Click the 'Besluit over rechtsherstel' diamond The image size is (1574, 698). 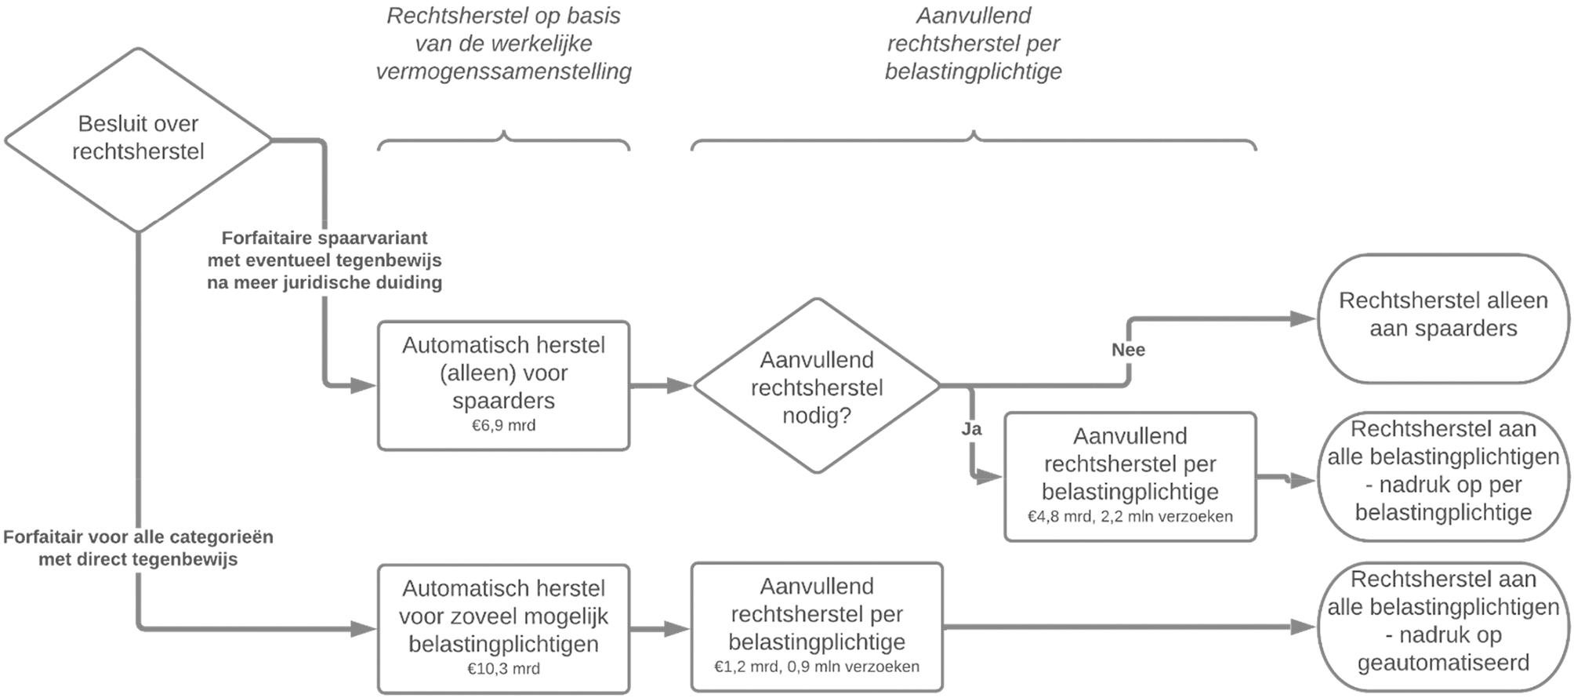pyautogui.click(x=138, y=139)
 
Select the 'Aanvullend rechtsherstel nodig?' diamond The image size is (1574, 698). pyautogui.click(x=817, y=386)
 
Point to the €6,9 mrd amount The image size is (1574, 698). pyautogui.click(x=503, y=426)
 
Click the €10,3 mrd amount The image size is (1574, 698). pyautogui.click(x=503, y=669)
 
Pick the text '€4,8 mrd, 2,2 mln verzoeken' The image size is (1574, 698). pyautogui.click(x=1130, y=517)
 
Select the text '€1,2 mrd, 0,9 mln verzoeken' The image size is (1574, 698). pyautogui.click(x=816, y=667)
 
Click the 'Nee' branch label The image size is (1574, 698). pyautogui.click(x=1128, y=350)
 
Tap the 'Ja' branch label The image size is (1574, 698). pyautogui.click(x=971, y=429)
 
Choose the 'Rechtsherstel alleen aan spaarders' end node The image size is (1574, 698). pyautogui.click(x=1443, y=318)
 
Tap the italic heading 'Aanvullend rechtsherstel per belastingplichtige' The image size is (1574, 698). pyautogui.click(x=974, y=43)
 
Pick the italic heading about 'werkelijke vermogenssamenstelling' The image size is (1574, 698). pyautogui.click(x=503, y=43)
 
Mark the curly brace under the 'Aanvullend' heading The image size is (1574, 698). pyautogui.click(x=974, y=141)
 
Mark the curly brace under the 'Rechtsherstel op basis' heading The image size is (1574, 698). pyautogui.click(x=503, y=141)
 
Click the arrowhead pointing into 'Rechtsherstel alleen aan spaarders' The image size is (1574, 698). pyautogui.click(x=1302, y=318)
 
